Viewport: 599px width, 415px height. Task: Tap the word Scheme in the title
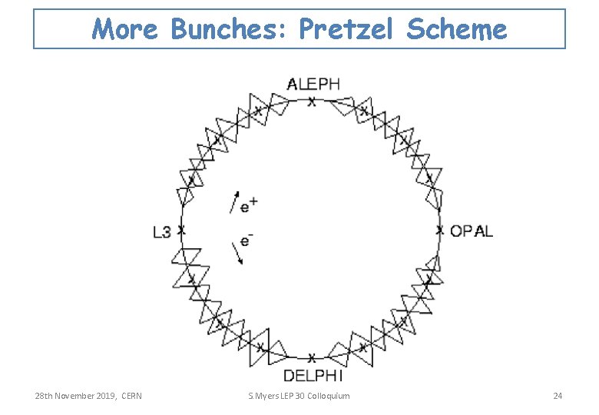[x=457, y=30]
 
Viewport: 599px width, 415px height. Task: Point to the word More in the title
[x=124, y=30]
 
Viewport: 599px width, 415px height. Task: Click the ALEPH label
[x=313, y=84]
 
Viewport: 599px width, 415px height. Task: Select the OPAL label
[x=472, y=231]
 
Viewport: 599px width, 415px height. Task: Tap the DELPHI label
[x=313, y=375]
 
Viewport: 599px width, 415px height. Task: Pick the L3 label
[x=161, y=231]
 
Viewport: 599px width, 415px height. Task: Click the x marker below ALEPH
[x=311, y=101]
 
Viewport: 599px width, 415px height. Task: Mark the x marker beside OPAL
[x=439, y=230]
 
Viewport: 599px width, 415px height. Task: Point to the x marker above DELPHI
[x=311, y=358]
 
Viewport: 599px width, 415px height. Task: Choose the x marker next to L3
[x=181, y=230]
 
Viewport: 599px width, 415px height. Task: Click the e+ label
[x=248, y=205]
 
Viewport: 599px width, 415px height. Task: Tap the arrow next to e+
[x=234, y=201]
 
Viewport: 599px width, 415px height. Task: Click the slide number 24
[x=558, y=396]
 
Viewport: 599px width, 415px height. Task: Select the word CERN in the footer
[x=132, y=396]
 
